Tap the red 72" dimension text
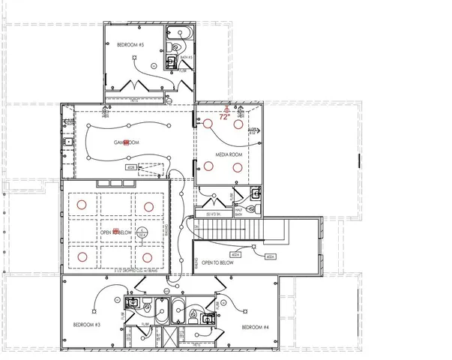[223, 117]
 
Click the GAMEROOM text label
[127, 142]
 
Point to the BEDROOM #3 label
[88, 324]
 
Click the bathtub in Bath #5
[181, 34]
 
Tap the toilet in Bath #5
[171, 64]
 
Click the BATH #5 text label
[187, 57]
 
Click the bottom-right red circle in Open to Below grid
[147, 256]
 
